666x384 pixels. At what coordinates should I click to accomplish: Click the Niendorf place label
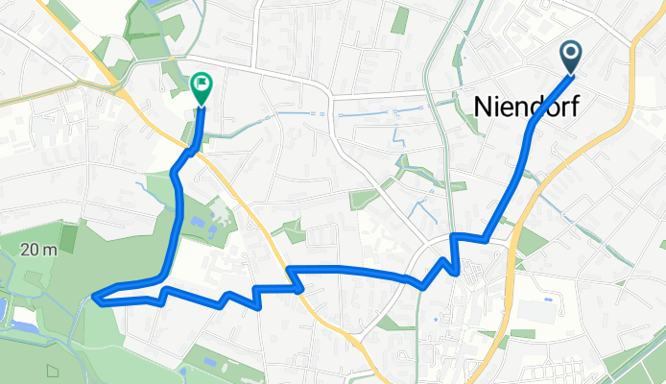click(526, 108)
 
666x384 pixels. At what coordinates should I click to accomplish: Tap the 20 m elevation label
click(37, 250)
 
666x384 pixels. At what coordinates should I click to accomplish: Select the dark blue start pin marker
click(571, 57)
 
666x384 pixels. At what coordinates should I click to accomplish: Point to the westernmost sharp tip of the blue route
click(95, 297)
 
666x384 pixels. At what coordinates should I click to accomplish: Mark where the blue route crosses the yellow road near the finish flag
click(192, 150)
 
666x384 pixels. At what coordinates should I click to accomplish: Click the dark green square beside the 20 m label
click(68, 237)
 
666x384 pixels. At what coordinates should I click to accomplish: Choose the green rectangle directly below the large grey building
click(523, 333)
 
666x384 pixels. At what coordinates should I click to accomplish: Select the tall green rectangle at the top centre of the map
click(399, 19)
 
